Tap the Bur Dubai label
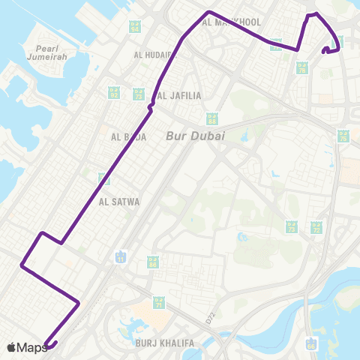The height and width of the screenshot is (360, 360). [199, 136]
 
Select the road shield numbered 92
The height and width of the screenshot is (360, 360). [114, 93]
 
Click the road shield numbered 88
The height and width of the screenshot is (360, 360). [212, 118]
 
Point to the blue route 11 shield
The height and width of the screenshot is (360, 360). [121, 257]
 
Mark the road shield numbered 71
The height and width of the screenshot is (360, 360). [158, 303]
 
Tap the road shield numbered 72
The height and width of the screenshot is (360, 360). [316, 227]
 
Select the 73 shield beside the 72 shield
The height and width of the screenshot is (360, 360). [292, 227]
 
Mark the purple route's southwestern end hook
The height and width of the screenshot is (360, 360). [48, 345]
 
